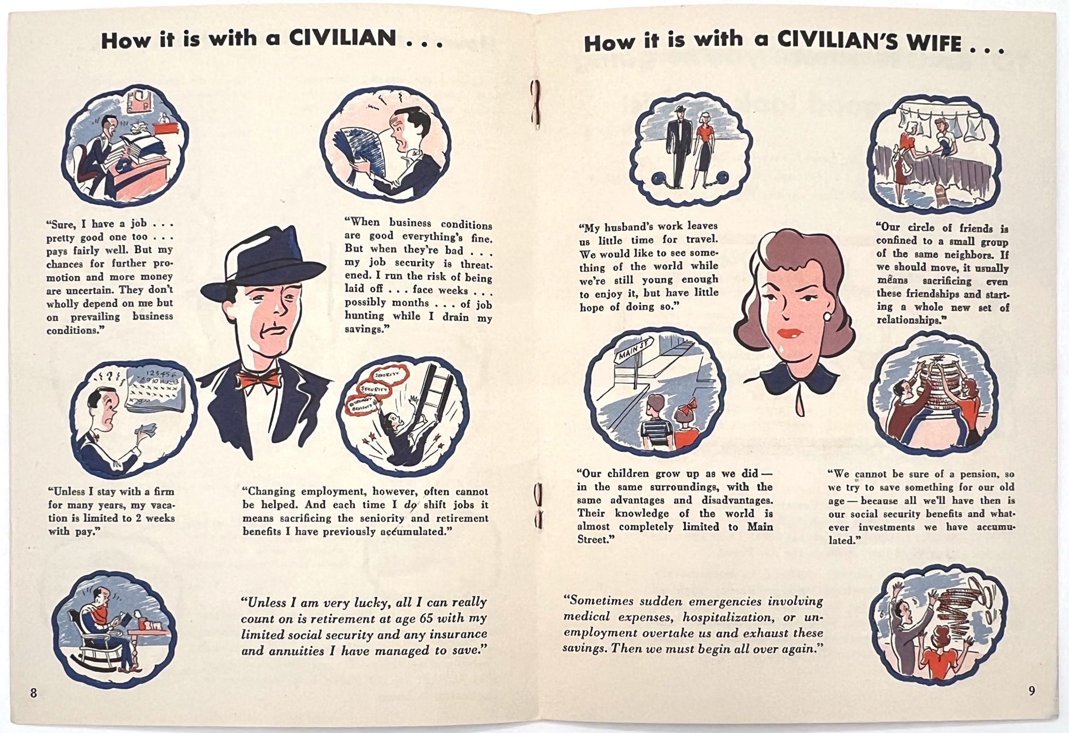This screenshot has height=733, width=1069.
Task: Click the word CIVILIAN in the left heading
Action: [343, 38]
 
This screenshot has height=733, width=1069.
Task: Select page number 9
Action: [1032, 691]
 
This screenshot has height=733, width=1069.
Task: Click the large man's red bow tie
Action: [259, 378]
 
